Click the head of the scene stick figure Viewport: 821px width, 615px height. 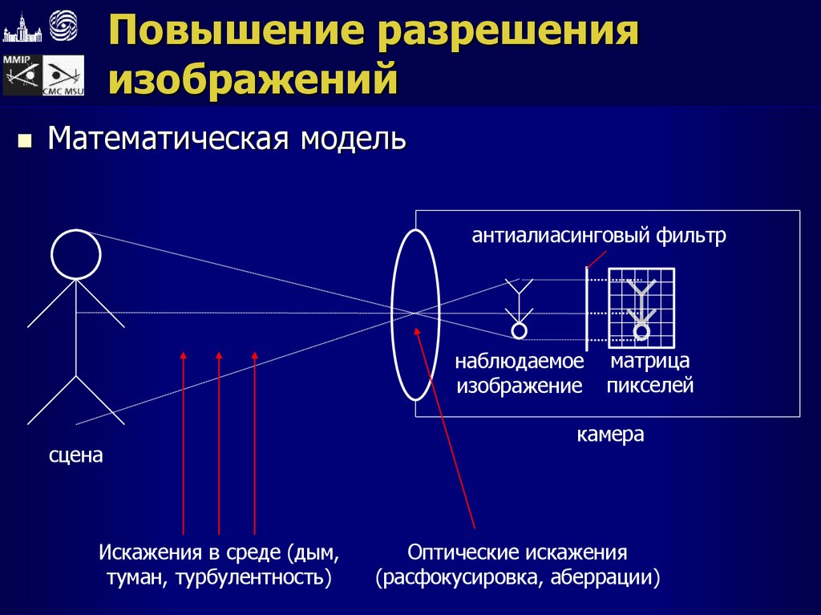tap(76, 254)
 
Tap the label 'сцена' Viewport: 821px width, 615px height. tap(76, 455)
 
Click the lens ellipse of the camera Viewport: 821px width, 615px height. tap(415, 314)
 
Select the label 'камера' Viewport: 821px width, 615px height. tap(610, 435)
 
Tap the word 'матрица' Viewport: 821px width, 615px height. tap(650, 362)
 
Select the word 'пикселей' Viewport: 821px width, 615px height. tap(649, 386)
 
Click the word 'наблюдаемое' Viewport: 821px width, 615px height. tap(520, 362)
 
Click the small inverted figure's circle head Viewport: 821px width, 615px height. tap(520, 330)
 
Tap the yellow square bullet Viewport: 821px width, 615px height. tap(24, 142)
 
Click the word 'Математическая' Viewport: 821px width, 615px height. tap(168, 138)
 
